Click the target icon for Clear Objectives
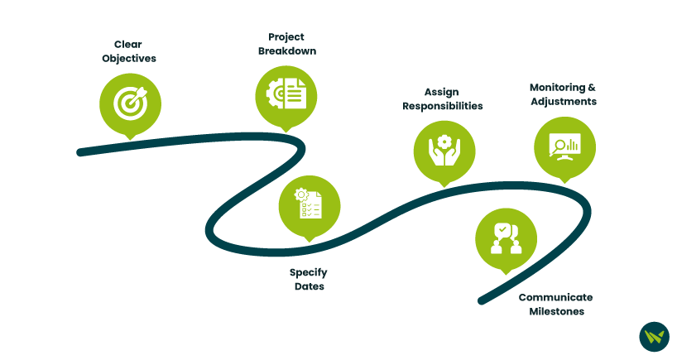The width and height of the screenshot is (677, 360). point(130,103)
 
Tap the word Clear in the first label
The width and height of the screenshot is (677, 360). point(130,43)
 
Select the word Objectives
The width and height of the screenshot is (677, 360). point(129,59)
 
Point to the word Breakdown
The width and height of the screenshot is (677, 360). point(286,51)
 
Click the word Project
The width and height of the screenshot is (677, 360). point(286,36)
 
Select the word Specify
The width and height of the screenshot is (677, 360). point(309,272)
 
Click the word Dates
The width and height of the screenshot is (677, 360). point(309,287)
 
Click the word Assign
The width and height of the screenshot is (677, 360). point(442,92)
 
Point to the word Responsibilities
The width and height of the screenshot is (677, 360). point(443,107)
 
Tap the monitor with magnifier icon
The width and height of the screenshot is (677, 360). point(565,146)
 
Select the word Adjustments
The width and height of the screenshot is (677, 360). point(564,102)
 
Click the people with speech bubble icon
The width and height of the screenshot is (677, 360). point(506,238)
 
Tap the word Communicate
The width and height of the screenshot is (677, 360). point(555,297)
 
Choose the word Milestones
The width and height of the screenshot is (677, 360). point(556,312)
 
